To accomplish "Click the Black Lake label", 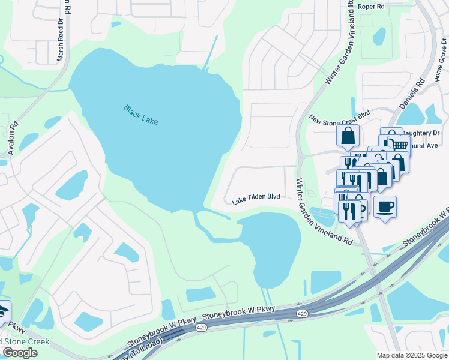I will [x=140, y=115].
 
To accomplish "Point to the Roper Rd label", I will [x=370, y=7].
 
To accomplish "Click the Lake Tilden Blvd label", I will [x=256, y=199].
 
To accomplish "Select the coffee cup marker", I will [x=385, y=207].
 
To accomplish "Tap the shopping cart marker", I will [x=399, y=144].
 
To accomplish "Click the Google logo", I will [x=20, y=353].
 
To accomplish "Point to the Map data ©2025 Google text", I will [x=411, y=355].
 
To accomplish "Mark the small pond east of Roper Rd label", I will [x=379, y=36].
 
